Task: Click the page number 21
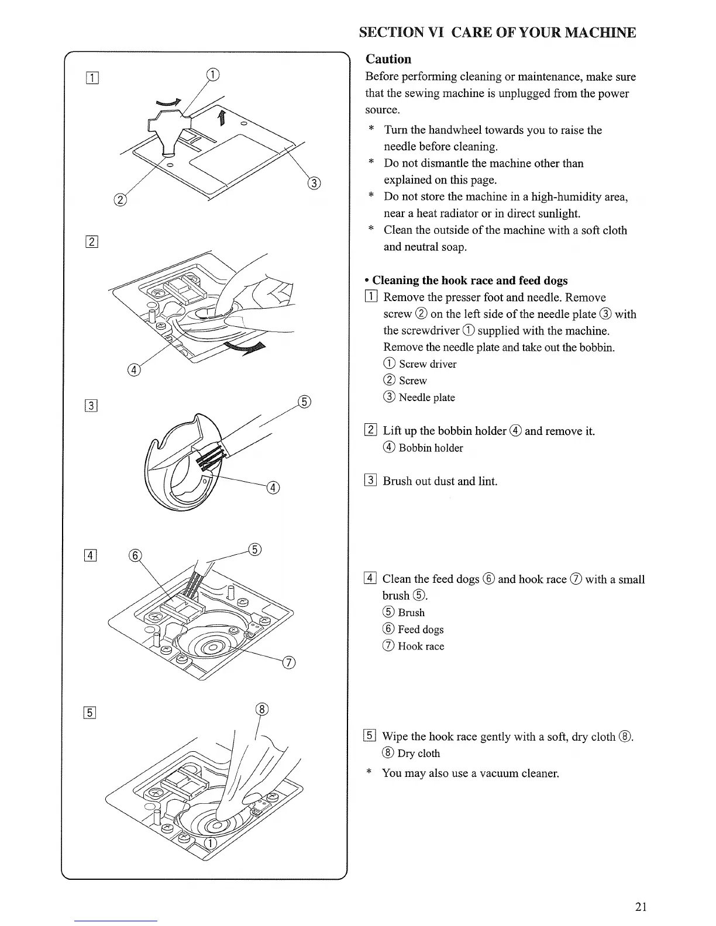[x=641, y=907]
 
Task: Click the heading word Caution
[x=388, y=59]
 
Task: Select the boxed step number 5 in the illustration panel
[x=91, y=712]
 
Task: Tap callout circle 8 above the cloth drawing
[x=262, y=710]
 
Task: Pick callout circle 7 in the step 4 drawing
[x=289, y=662]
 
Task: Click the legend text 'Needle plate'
[x=426, y=398]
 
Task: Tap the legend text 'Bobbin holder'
[x=431, y=448]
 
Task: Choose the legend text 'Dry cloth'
[x=418, y=754]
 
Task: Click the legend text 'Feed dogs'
[x=421, y=630]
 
